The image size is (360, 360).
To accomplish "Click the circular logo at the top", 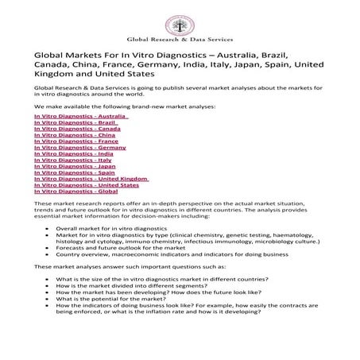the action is pos(180,15).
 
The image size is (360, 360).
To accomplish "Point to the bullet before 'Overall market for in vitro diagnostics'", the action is pos(50,228).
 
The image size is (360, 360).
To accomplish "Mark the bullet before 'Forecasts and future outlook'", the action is pos(50,247).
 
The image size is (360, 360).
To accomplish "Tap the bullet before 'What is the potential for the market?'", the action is pos(50,298).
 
